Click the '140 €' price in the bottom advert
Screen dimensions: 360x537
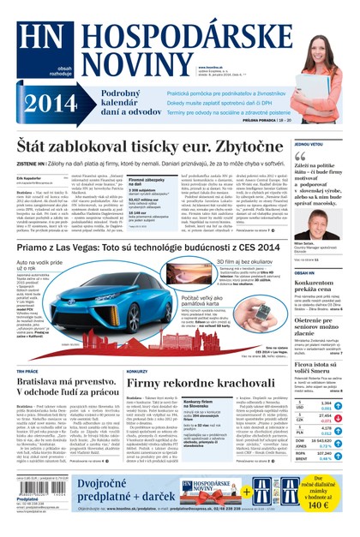pos(326,505)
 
